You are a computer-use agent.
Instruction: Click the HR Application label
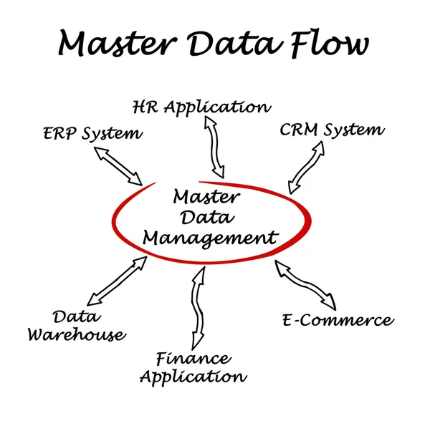tap(202, 107)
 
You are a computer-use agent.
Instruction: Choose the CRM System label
tap(331, 130)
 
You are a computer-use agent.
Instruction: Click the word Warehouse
tap(77, 334)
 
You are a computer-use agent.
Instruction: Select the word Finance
tap(193, 358)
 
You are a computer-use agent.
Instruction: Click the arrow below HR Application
tap(214, 147)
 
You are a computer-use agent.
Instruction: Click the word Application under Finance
tap(193, 376)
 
